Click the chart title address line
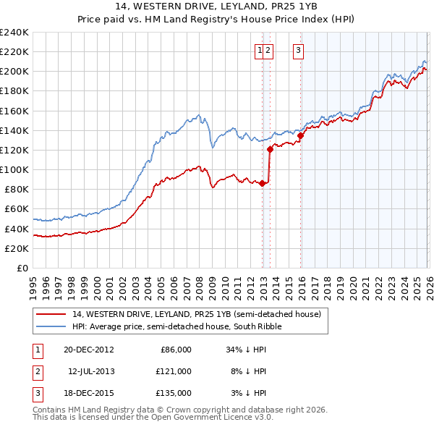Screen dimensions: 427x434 217,7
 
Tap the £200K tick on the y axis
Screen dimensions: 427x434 14,71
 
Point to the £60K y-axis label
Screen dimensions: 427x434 16,209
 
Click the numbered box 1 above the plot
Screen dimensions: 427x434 259,50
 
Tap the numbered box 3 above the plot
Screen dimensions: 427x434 298,50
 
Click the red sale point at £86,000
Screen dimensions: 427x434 262,184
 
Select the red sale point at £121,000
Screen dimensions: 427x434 270,149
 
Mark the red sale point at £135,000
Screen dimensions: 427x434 300,135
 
